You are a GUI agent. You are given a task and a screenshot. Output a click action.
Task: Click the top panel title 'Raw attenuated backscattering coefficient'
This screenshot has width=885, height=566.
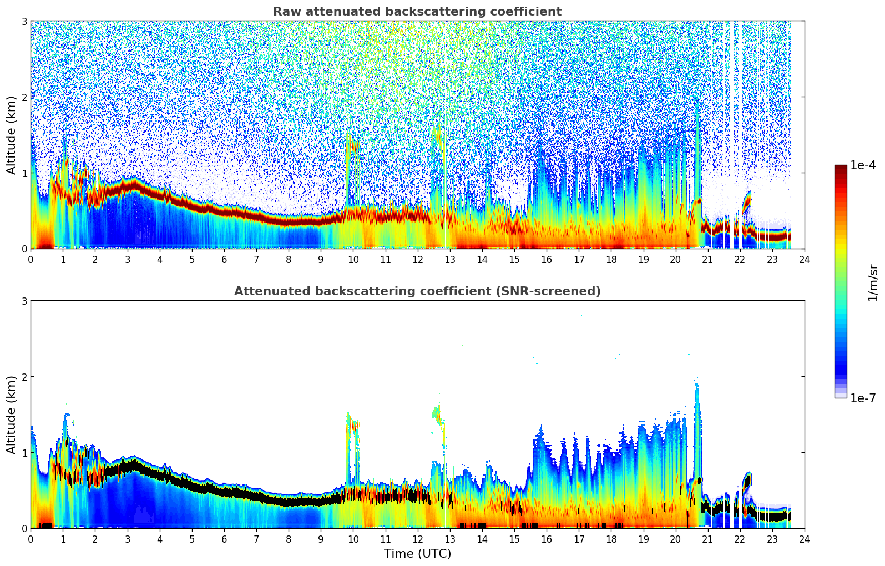tap(417, 12)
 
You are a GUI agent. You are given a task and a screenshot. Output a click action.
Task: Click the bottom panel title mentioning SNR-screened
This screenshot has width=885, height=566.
tap(417, 291)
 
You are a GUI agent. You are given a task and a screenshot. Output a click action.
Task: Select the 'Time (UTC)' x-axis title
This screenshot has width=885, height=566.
tap(417, 554)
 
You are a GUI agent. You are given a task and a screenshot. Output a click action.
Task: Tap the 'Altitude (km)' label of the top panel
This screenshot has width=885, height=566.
tap(12, 135)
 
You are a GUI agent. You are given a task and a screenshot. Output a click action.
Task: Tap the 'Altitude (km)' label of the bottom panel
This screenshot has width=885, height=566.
tap(12, 415)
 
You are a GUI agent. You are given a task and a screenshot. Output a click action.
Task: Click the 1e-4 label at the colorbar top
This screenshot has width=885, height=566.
tap(863, 165)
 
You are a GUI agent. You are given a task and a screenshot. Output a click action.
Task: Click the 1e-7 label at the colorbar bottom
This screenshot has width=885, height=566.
tap(863, 398)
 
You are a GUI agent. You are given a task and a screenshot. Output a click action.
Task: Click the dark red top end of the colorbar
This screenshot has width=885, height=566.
tap(840, 168)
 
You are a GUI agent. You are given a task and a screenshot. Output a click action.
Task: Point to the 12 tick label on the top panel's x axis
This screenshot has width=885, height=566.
tap(417, 260)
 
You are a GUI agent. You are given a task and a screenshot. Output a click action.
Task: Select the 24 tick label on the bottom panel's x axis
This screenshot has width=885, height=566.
tap(804, 539)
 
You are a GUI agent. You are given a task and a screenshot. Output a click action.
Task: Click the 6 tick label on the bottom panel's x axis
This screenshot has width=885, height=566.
tap(224, 539)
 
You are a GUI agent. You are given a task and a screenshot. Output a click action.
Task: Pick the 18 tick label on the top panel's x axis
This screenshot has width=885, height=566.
tap(611, 260)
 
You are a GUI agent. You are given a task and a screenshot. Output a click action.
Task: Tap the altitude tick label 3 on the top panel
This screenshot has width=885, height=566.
tap(24, 21)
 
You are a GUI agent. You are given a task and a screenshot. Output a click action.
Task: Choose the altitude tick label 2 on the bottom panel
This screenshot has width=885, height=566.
tap(24, 377)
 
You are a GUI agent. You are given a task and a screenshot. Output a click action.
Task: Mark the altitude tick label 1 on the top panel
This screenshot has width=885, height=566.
tap(24, 173)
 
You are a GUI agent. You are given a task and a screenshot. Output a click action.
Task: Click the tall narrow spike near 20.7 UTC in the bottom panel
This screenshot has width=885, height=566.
tap(697, 422)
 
